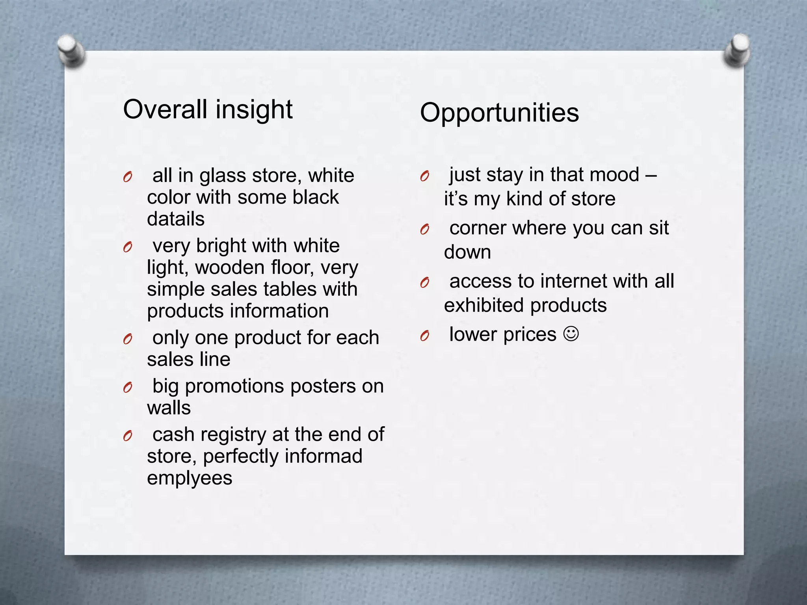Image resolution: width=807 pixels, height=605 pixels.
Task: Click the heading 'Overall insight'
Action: pyautogui.click(x=208, y=109)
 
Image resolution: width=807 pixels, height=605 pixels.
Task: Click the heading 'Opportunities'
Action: pyautogui.click(x=499, y=113)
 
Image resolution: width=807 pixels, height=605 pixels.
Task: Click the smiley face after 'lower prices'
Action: pyautogui.click(x=571, y=334)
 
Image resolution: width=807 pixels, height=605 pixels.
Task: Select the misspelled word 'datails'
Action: pyautogui.click(x=176, y=219)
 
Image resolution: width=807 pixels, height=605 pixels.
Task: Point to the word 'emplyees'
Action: pyautogui.click(x=190, y=478)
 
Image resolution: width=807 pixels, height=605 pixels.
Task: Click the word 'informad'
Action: pyautogui.click(x=323, y=456)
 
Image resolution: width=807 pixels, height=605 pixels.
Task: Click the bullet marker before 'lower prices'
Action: pyautogui.click(x=424, y=336)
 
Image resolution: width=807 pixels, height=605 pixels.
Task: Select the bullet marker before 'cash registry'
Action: pyautogui.click(x=127, y=436)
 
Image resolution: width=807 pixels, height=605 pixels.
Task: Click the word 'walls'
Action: pyautogui.click(x=169, y=408)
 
